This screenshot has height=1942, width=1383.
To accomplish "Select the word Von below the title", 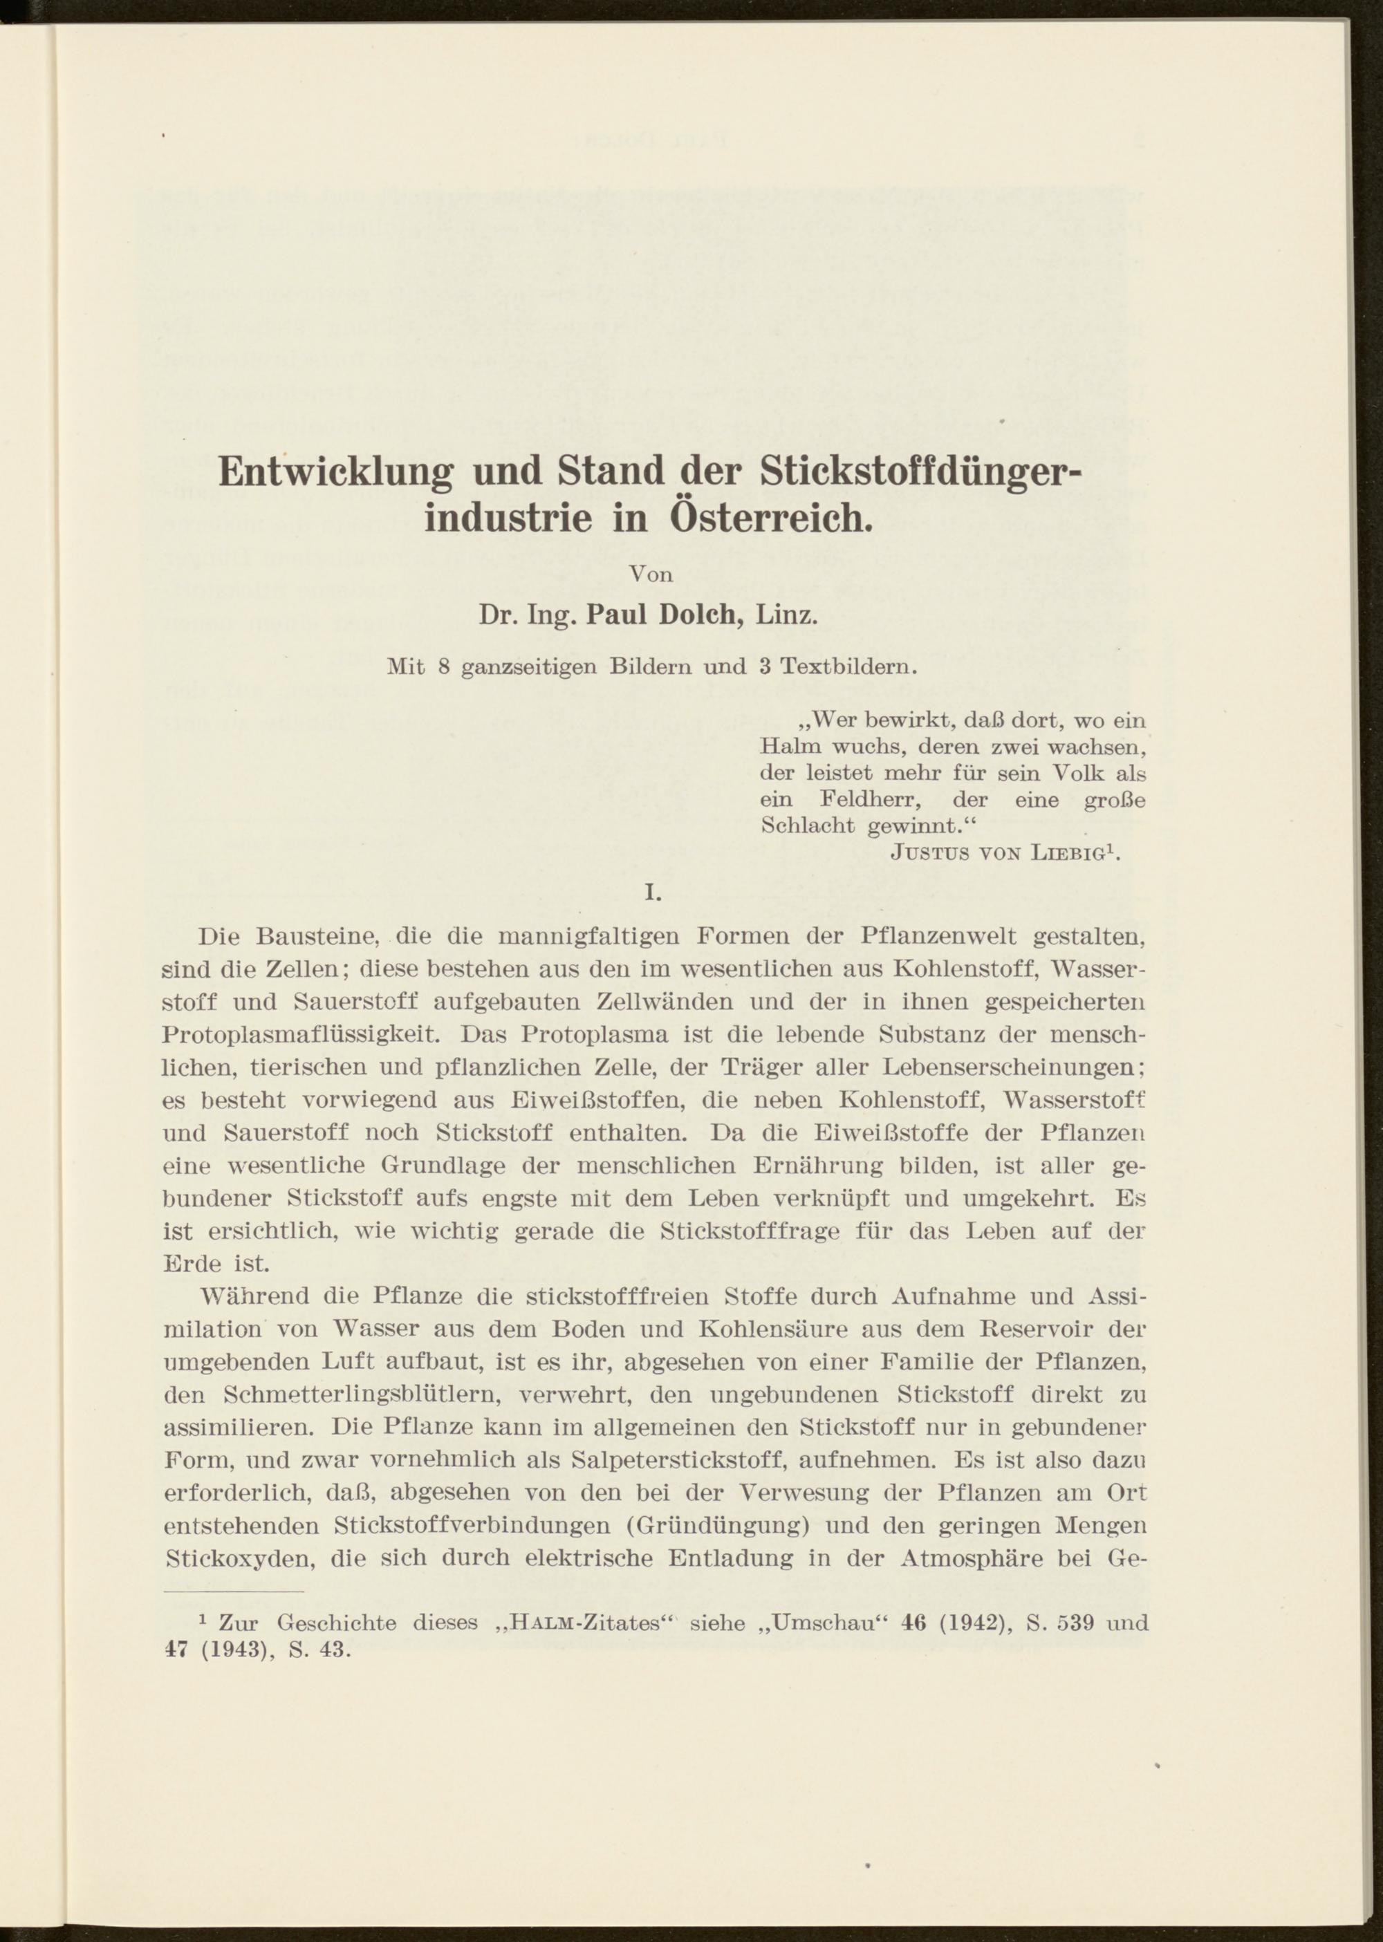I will coord(651,574).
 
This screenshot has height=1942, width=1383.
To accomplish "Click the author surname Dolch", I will coord(698,615).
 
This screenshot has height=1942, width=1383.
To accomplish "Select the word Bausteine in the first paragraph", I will coord(323,937).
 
